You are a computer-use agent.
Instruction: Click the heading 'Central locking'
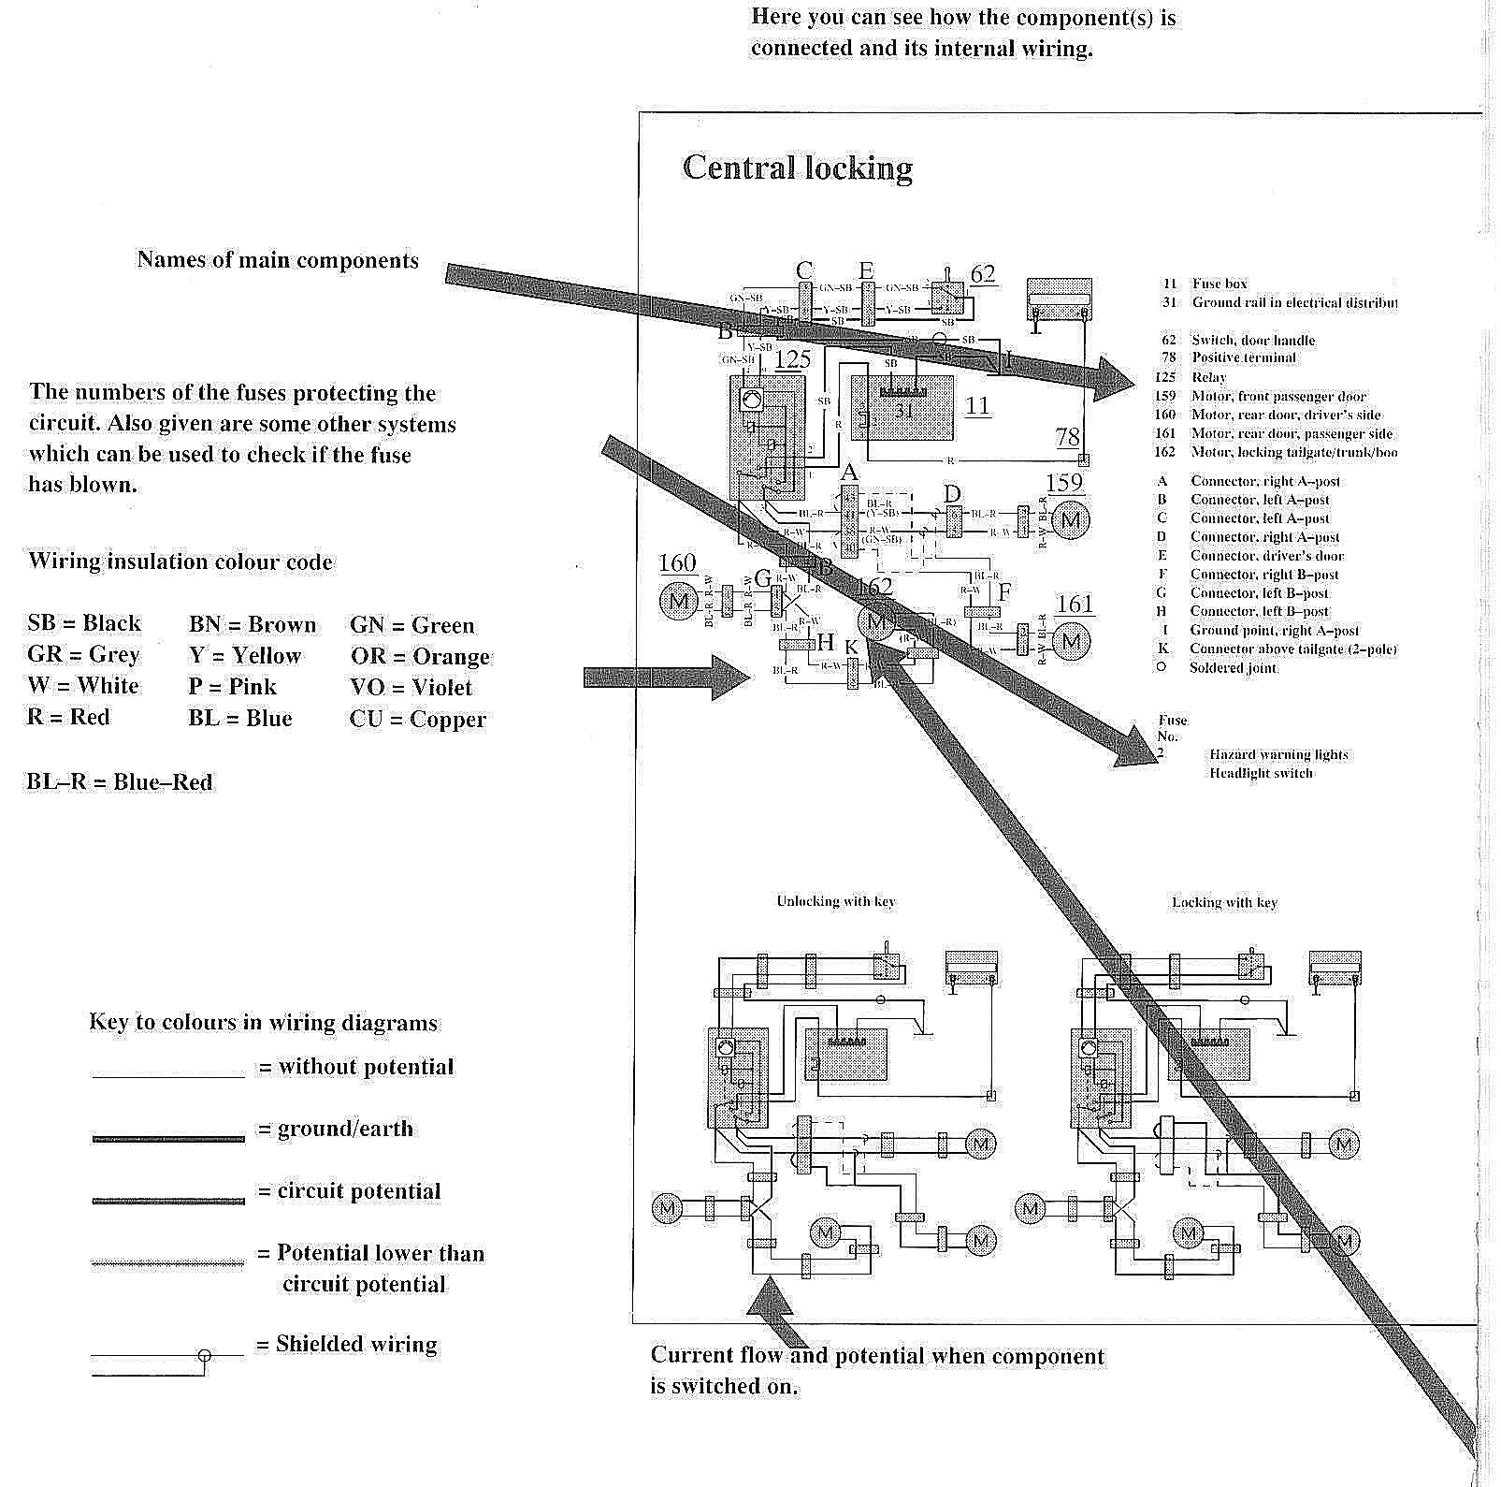tap(797, 168)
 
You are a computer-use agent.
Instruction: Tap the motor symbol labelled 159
tap(1071, 519)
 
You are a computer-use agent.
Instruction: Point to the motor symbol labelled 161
tap(1072, 641)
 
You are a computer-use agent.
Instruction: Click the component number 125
tap(792, 359)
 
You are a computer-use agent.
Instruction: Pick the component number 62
tap(983, 274)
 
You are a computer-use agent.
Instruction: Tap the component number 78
tap(1067, 436)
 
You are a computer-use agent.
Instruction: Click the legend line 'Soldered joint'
tap(1233, 668)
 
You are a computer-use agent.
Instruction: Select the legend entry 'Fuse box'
tap(1220, 284)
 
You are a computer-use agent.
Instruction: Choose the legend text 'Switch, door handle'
tap(1252, 340)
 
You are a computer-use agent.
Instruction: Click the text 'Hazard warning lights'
tap(1278, 754)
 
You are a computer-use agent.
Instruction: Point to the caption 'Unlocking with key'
tap(835, 901)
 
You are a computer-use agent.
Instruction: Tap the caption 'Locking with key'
tap(1224, 902)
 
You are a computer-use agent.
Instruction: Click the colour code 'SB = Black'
tap(84, 623)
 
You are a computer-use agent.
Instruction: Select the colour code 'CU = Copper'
tap(418, 720)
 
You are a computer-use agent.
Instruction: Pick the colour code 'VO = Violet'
tap(411, 688)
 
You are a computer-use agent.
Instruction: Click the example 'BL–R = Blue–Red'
tap(120, 782)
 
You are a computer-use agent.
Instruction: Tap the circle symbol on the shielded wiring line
tap(205, 1355)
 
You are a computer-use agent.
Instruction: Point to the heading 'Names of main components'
tap(278, 260)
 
